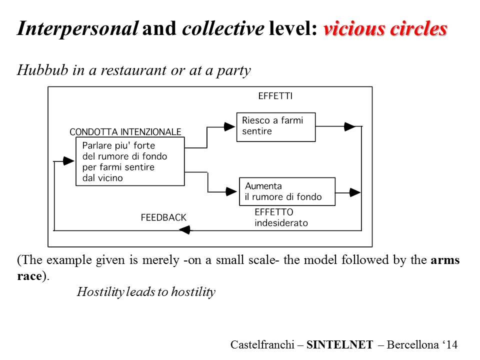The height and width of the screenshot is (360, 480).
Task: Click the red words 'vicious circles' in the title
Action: pos(385,29)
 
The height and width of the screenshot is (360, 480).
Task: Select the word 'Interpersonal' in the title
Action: pos(77,29)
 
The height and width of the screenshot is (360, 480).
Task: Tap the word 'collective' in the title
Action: pos(222,29)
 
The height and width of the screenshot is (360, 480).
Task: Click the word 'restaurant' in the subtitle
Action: pos(129,70)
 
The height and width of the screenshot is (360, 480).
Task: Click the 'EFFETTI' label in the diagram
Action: pos(275,96)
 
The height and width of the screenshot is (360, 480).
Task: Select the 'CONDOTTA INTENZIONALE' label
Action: pos(125,132)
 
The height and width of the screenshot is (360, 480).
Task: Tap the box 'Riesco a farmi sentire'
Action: pos(275,126)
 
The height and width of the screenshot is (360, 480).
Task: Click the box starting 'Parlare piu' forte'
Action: pos(129,161)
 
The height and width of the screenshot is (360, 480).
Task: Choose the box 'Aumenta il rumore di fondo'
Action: pos(287,191)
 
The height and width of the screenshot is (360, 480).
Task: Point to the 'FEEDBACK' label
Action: pos(163,217)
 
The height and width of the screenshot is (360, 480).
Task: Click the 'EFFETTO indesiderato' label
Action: pos(281,217)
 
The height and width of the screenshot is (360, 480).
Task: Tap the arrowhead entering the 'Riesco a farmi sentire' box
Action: pos(229,126)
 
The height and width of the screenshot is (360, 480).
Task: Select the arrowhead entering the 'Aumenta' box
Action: pos(231,191)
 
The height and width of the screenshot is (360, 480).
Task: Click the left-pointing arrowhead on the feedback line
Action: pos(184,230)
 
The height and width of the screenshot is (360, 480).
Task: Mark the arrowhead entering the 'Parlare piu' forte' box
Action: pos(69,161)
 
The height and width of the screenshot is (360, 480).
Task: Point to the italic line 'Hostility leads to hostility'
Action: pos(146,292)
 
